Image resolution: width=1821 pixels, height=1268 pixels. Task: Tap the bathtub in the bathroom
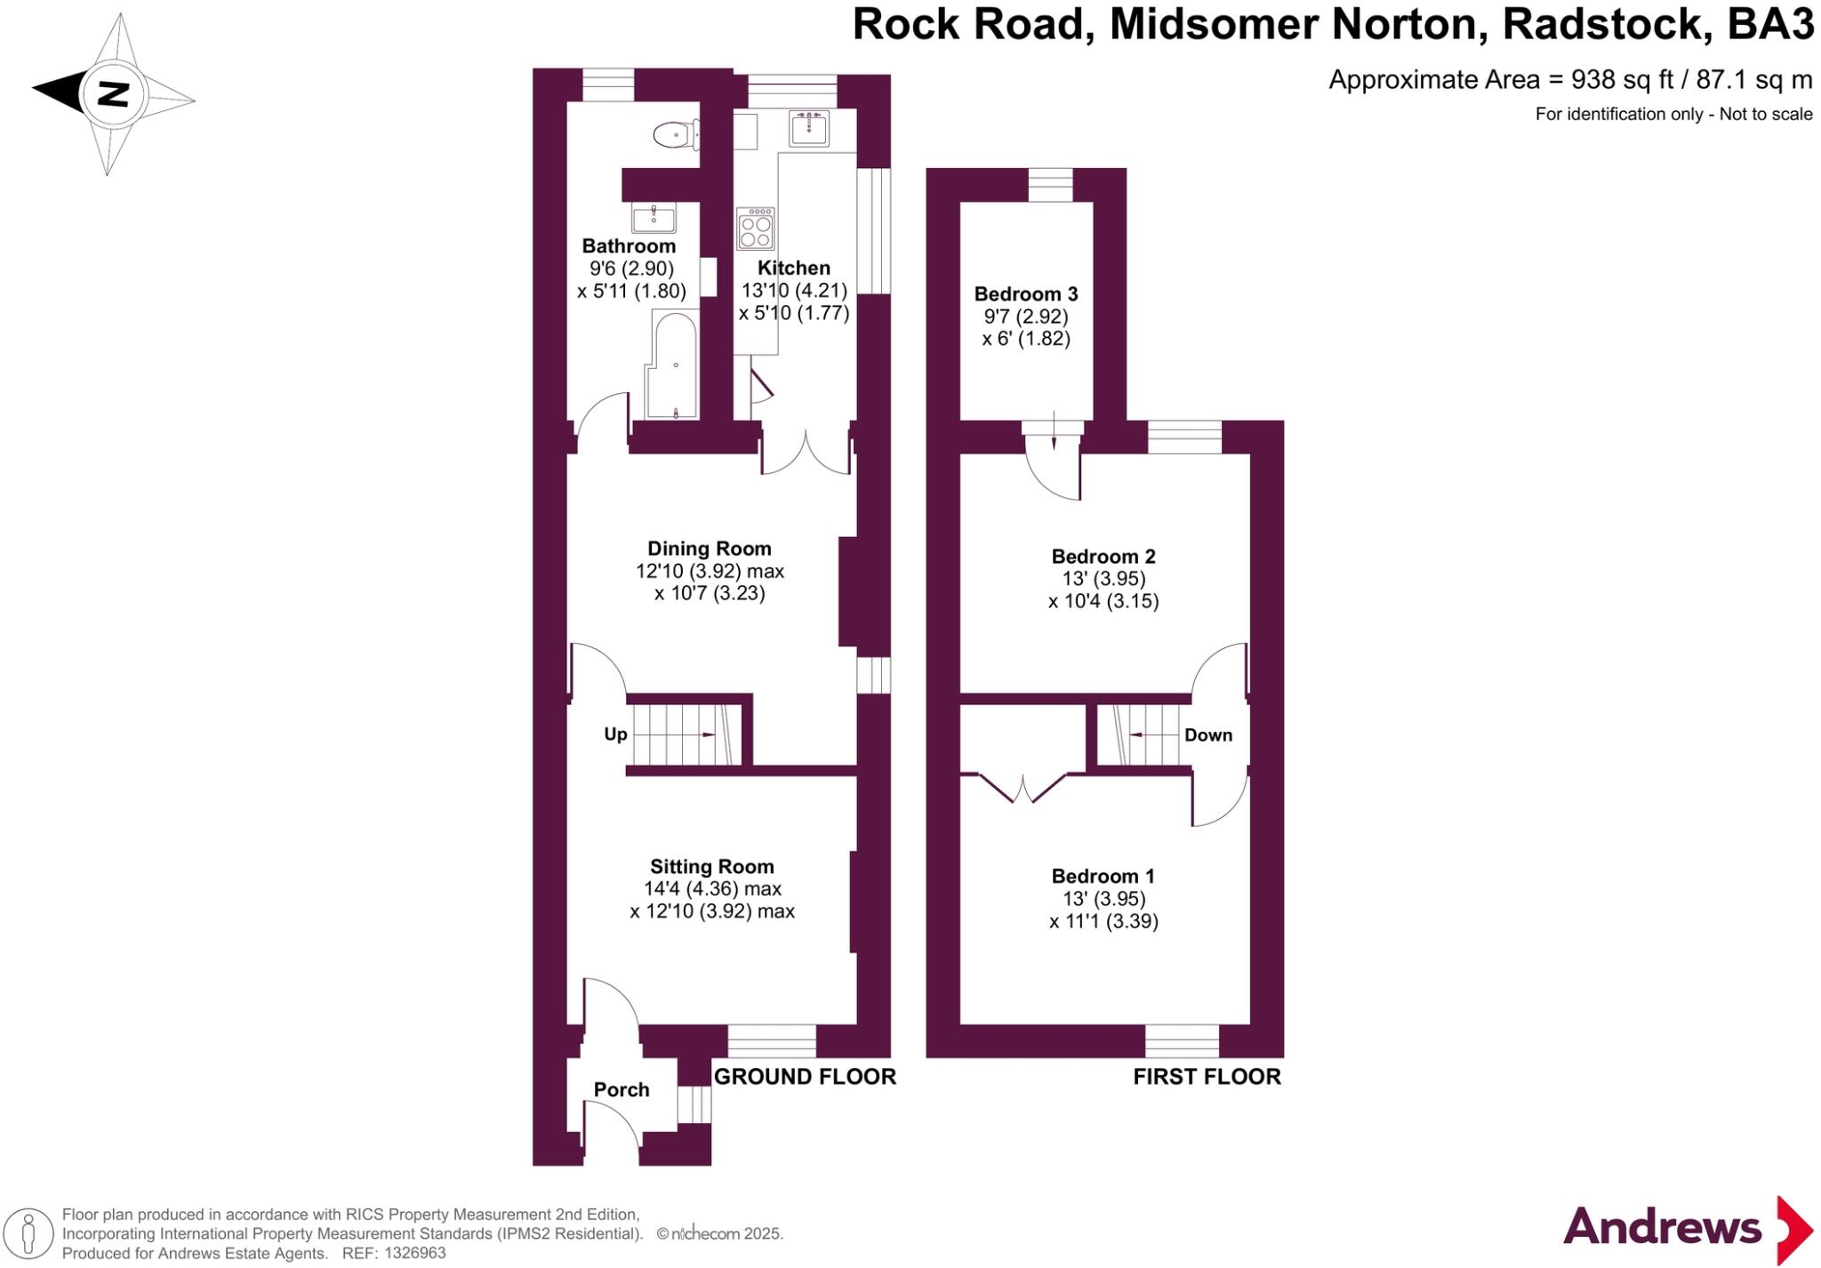(674, 365)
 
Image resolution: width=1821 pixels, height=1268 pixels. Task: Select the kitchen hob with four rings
(756, 229)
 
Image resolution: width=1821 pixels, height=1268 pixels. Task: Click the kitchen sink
(808, 128)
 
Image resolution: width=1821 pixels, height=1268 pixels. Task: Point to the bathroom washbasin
(654, 216)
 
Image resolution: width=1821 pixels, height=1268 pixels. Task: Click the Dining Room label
(709, 549)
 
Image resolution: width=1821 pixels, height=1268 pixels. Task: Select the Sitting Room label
(711, 866)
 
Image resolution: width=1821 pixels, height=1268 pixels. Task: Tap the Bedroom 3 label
(1026, 293)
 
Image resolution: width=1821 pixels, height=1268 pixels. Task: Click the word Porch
(622, 1089)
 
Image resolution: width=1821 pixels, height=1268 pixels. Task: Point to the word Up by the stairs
(615, 734)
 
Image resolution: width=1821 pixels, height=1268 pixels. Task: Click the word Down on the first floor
(1207, 735)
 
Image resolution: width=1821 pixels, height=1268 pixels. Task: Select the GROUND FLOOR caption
(805, 1077)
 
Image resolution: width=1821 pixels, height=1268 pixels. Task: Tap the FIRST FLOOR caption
(1207, 1077)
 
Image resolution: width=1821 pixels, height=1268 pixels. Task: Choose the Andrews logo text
(1662, 1228)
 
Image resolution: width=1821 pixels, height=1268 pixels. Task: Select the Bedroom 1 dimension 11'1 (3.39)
(1103, 921)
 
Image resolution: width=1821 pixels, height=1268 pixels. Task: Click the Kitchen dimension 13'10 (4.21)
(794, 291)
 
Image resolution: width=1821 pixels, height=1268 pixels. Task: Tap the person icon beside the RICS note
(28, 1233)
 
